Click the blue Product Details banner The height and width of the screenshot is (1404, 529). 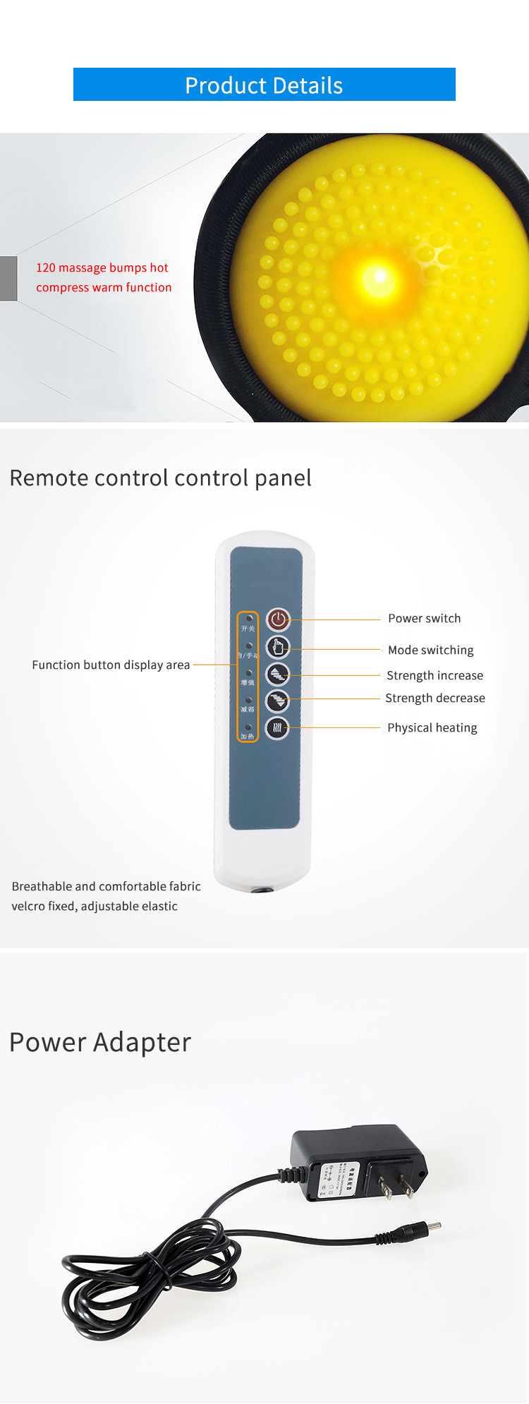click(264, 85)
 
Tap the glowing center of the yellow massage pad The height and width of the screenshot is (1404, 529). click(379, 276)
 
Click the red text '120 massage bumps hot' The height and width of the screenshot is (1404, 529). click(102, 267)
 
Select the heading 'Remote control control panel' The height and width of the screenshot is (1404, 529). click(160, 478)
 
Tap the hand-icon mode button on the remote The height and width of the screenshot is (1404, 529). click(278, 647)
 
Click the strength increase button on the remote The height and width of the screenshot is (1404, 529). click(278, 674)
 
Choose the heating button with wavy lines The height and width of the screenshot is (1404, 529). click(278, 727)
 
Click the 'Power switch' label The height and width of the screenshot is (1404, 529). click(424, 618)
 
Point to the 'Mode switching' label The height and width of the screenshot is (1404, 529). click(430, 650)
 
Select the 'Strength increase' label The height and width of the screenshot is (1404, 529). click(434, 675)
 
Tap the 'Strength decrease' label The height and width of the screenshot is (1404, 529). click(434, 698)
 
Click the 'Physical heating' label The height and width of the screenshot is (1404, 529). click(432, 727)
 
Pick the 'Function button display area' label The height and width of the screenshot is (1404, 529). click(111, 665)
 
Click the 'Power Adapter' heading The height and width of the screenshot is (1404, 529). click(100, 1042)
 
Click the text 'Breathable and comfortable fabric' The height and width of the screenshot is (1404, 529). click(106, 886)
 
